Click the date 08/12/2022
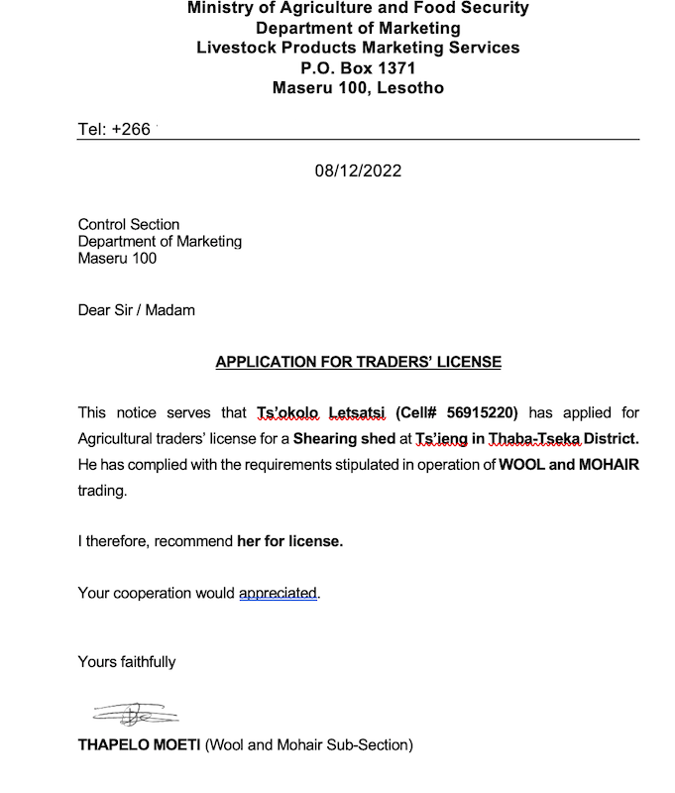(x=358, y=170)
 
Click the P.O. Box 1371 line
(x=358, y=68)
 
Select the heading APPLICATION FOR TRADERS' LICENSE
(x=358, y=362)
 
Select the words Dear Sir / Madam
(x=137, y=310)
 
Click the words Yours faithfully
(x=127, y=661)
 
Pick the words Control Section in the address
(x=129, y=224)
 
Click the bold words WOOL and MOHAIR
(x=569, y=464)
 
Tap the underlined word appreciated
(x=279, y=593)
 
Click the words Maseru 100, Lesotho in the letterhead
(x=358, y=88)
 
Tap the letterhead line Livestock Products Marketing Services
(x=358, y=48)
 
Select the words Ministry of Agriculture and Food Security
(x=358, y=8)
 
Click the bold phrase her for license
(x=290, y=541)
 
